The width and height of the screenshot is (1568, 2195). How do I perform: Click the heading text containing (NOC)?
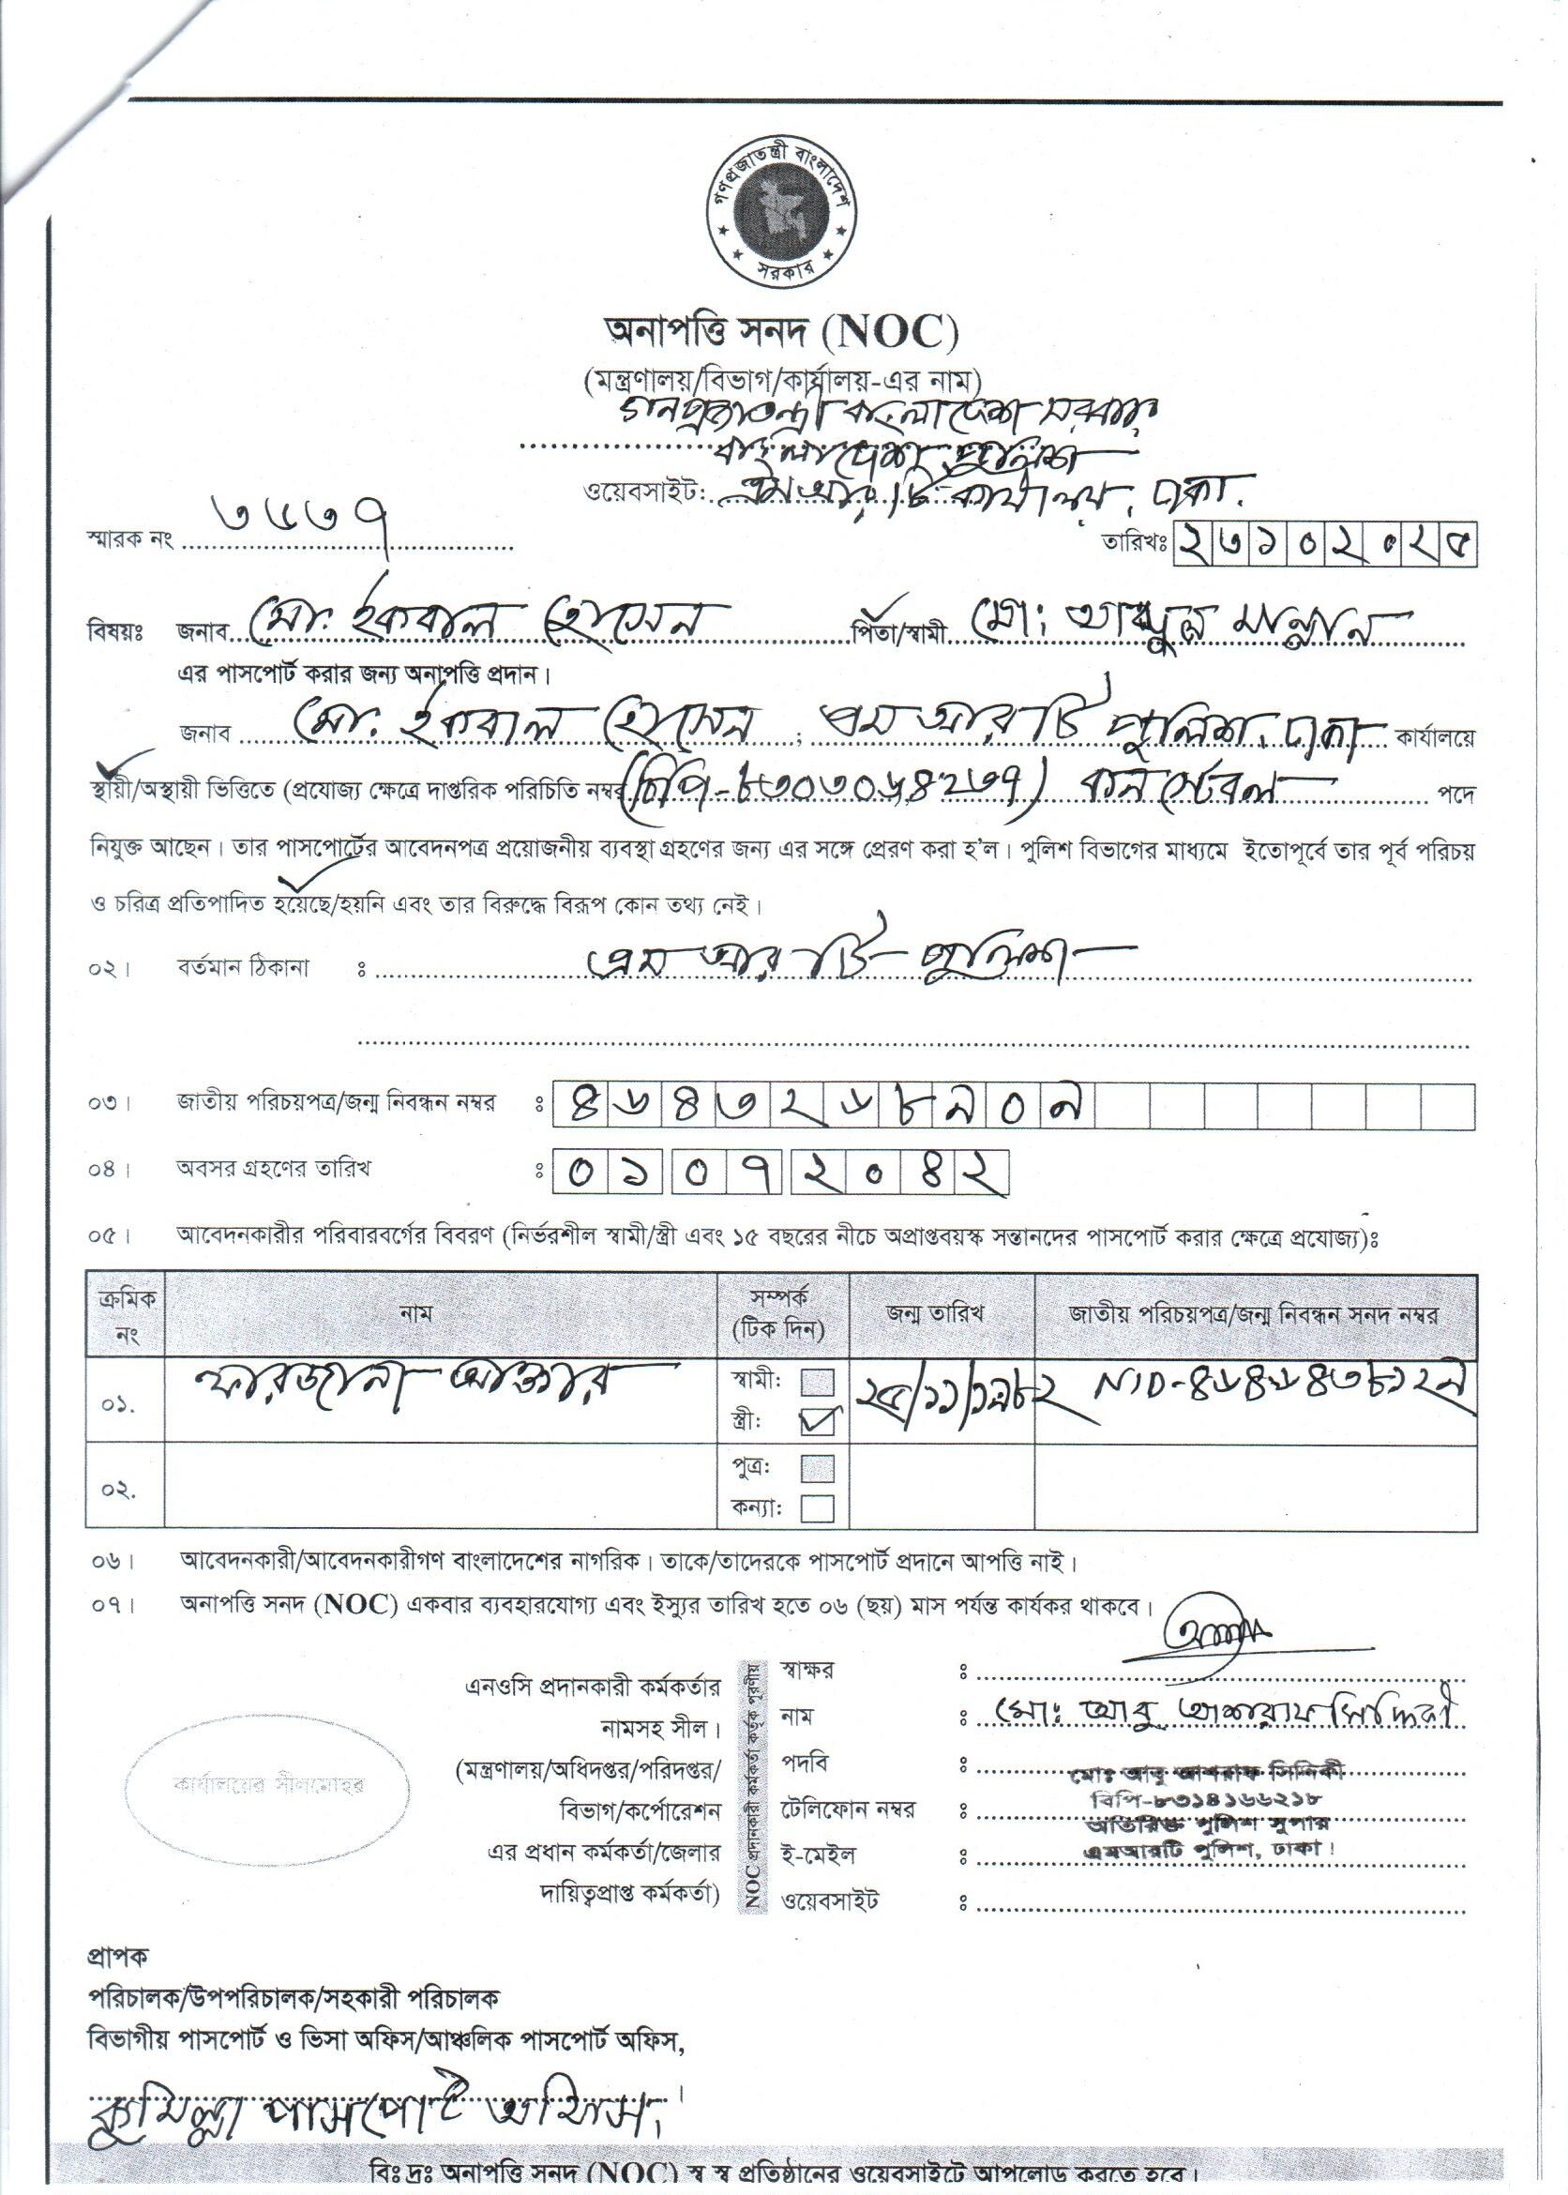(780, 333)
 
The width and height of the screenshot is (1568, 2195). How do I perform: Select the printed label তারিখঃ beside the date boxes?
(1136, 542)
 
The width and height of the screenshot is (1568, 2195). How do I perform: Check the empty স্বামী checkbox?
(817, 1382)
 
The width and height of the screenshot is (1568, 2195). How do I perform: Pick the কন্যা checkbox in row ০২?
(817, 1507)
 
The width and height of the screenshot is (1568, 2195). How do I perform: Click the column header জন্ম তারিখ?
(935, 1314)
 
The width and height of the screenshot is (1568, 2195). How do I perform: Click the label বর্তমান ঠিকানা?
(242, 969)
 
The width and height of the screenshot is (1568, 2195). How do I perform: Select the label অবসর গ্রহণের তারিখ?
(273, 1169)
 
